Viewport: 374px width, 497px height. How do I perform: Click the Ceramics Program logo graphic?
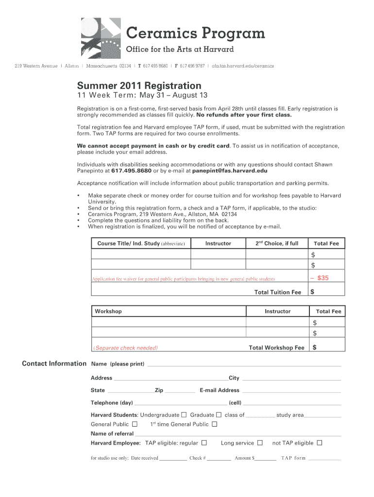point(101,38)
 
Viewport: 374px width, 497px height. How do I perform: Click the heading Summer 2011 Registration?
point(139,85)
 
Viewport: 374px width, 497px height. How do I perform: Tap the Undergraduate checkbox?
point(184,415)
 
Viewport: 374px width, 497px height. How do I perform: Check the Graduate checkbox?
point(219,415)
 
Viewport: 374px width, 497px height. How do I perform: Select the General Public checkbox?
point(135,424)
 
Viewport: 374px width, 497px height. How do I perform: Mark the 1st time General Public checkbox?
point(215,424)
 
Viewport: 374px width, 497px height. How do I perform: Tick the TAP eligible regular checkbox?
point(204,443)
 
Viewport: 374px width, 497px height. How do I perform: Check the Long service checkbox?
point(260,443)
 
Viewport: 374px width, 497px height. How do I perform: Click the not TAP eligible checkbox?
point(320,443)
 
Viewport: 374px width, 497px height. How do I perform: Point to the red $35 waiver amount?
point(323,278)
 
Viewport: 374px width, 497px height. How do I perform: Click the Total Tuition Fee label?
point(278,292)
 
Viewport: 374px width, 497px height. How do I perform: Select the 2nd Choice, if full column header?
point(277,243)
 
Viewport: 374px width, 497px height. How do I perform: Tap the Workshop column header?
point(108,311)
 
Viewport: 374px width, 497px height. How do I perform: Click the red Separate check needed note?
point(126,348)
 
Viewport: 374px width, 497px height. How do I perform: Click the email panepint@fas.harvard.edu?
point(230,171)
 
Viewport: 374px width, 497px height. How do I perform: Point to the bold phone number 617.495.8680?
point(131,171)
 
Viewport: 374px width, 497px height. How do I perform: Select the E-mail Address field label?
point(219,390)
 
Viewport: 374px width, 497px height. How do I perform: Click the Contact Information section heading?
point(54,364)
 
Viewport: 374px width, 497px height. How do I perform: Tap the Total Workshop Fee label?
point(276,348)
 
